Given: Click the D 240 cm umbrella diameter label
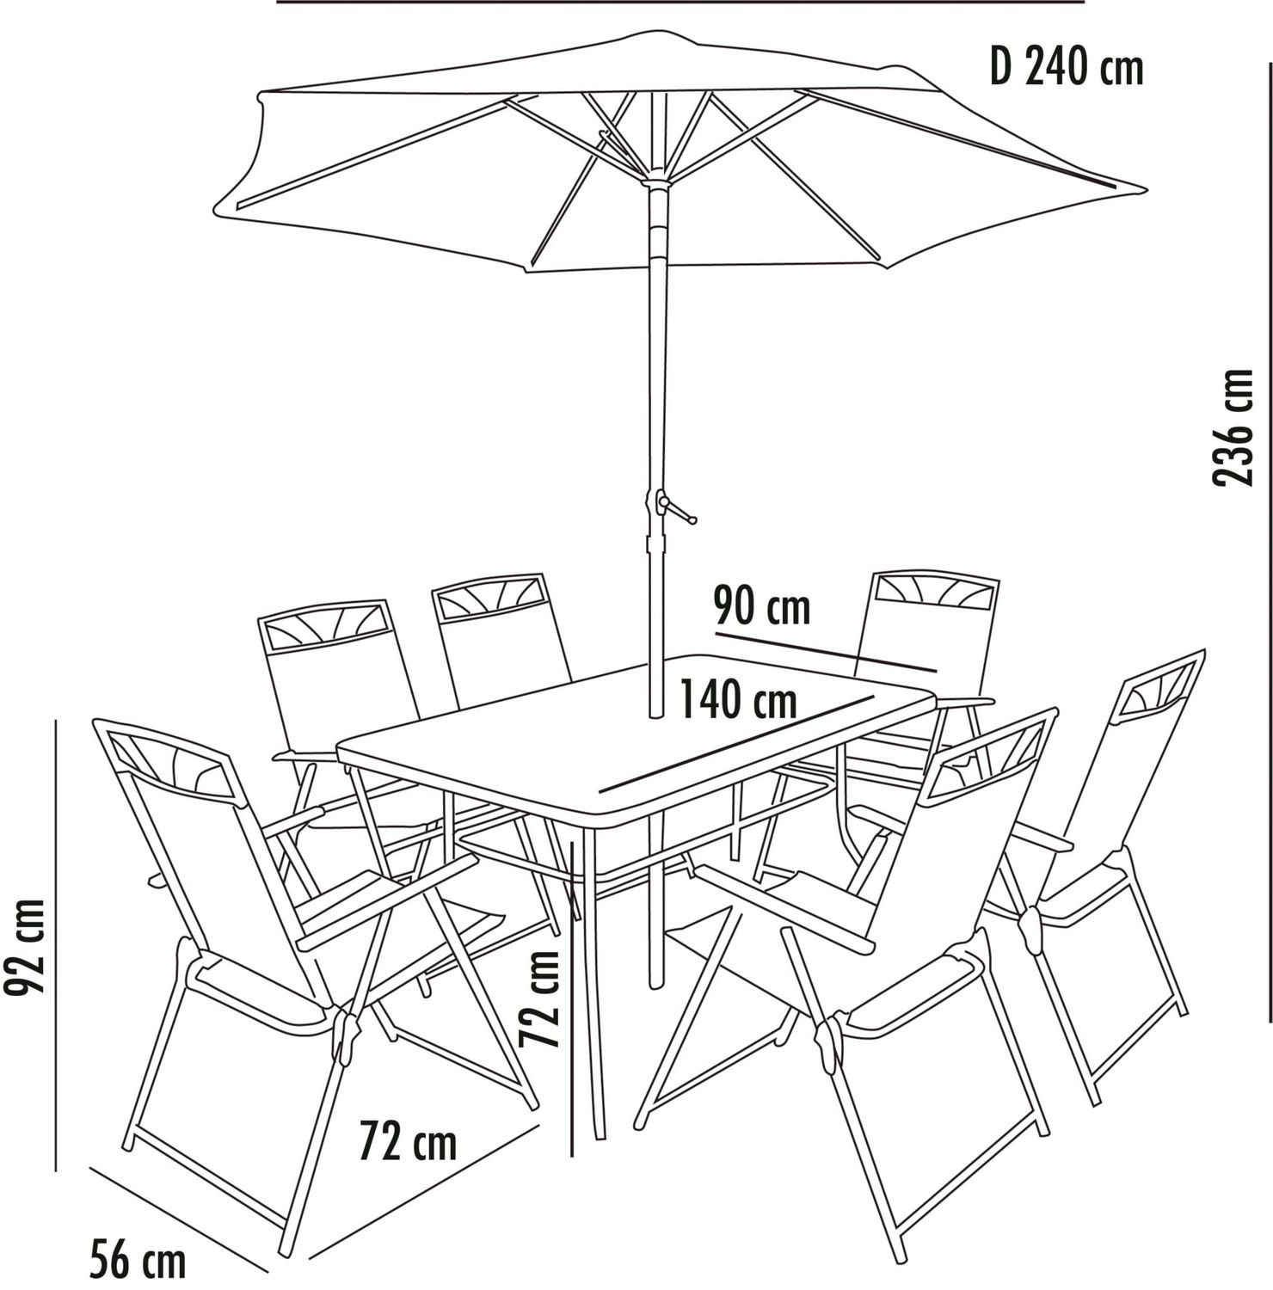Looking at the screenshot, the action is [1067, 67].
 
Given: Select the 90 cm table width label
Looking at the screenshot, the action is [762, 607].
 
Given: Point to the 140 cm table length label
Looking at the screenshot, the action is [738, 698].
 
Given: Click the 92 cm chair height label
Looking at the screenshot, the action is [24, 947].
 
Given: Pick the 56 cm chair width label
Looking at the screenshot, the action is [138, 1262].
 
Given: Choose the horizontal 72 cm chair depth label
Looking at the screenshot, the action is [408, 1141].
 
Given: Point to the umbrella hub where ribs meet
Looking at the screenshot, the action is [656, 181].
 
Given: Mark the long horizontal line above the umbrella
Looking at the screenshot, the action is [680, 2].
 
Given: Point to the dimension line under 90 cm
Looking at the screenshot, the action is [825, 651].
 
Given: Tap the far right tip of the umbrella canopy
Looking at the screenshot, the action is [1147, 188].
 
